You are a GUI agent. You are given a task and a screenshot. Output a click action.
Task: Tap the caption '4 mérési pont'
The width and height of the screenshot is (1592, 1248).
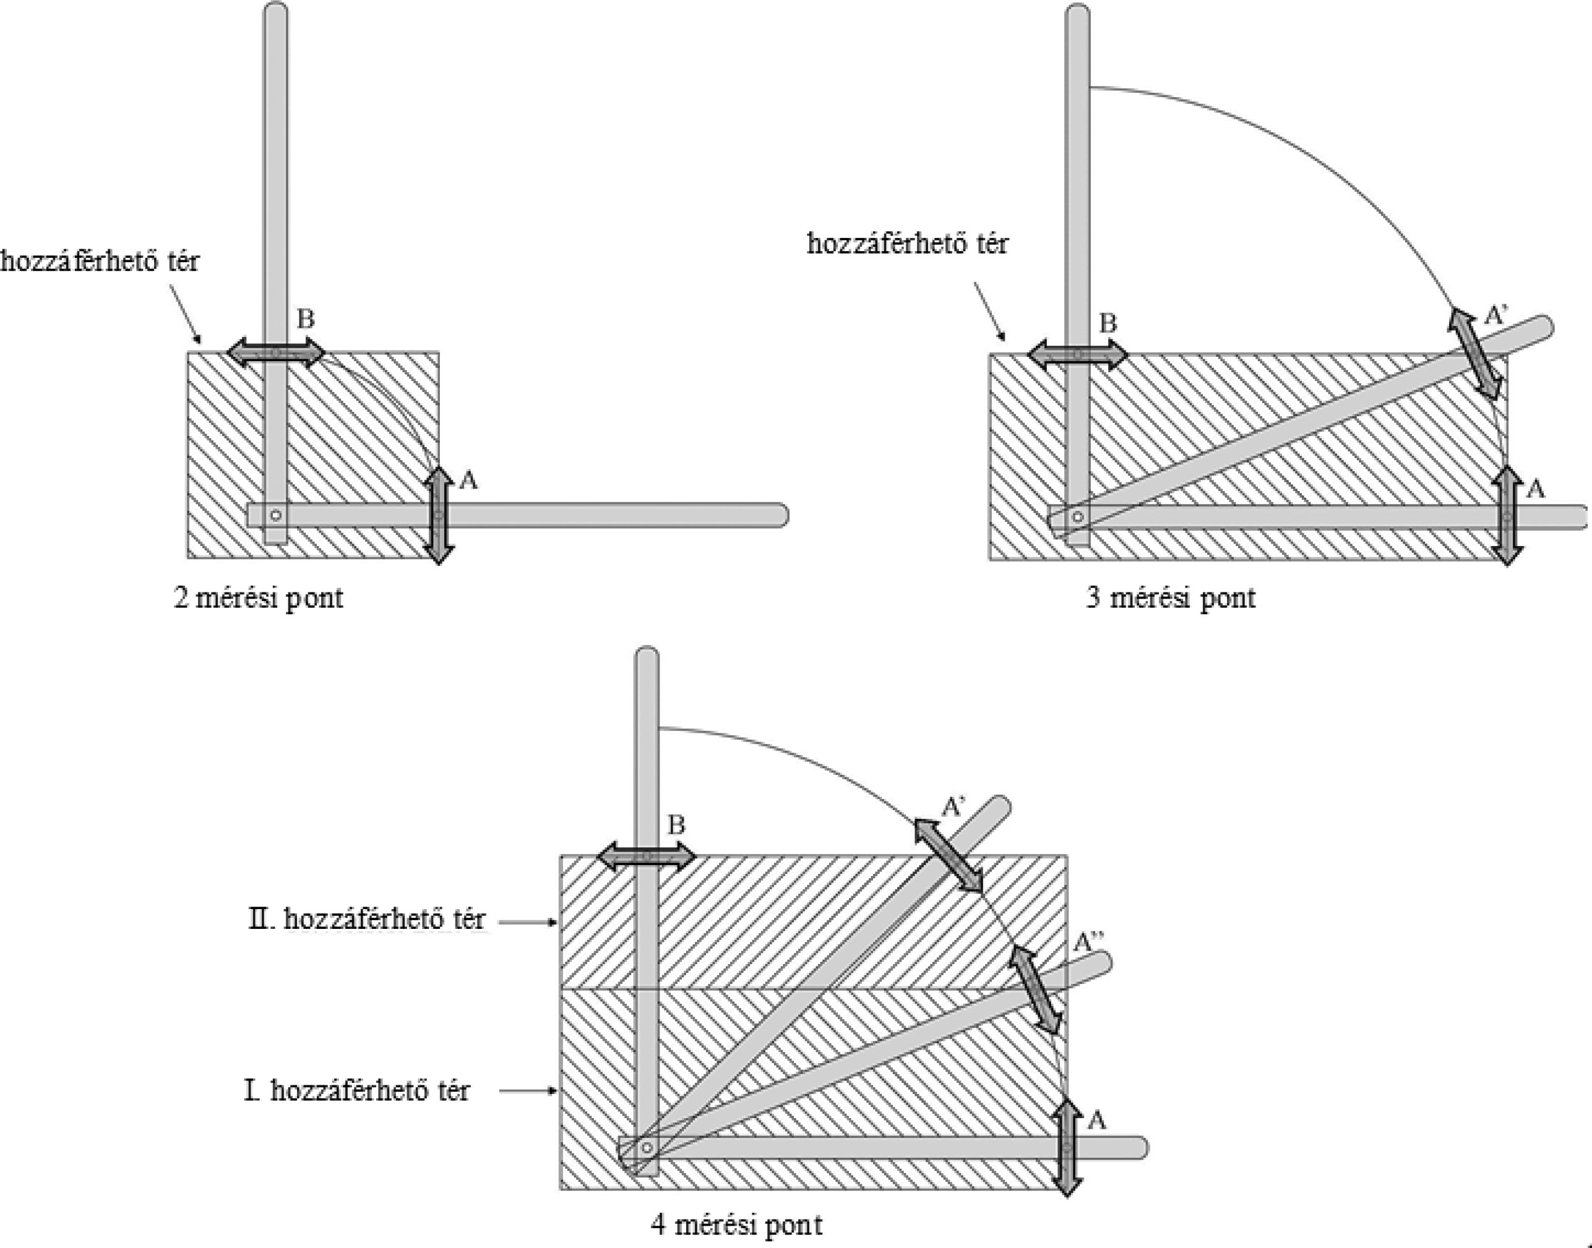[x=737, y=1224]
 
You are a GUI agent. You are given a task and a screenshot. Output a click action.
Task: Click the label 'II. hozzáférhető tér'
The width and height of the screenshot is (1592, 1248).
[x=366, y=919]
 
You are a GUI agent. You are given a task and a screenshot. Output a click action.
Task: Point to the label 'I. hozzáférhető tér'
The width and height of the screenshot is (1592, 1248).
[x=357, y=1091]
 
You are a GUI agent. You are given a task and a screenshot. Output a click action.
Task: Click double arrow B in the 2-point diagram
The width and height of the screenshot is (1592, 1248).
[x=275, y=354]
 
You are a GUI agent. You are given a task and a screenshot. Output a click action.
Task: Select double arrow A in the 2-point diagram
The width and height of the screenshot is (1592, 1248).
[x=439, y=515]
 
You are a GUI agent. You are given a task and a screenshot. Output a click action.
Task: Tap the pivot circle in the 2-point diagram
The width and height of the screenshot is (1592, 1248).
[x=275, y=515]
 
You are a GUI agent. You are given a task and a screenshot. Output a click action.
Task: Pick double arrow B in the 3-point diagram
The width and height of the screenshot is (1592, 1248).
[x=1077, y=355]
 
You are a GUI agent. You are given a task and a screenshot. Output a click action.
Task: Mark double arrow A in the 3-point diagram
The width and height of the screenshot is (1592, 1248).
[x=1507, y=516]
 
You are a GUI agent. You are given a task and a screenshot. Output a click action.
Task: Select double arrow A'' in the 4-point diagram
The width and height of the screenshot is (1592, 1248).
[x=1035, y=990]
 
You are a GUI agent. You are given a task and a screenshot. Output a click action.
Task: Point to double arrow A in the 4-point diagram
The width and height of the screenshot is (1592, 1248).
[x=1067, y=1147]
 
